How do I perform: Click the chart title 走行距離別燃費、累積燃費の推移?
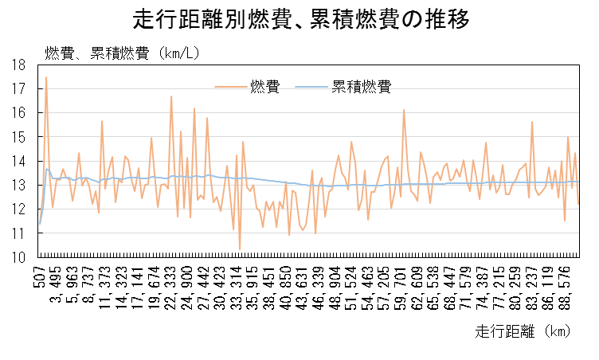(299, 19)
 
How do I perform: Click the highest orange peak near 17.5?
(46, 77)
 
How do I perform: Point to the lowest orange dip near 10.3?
(240, 249)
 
